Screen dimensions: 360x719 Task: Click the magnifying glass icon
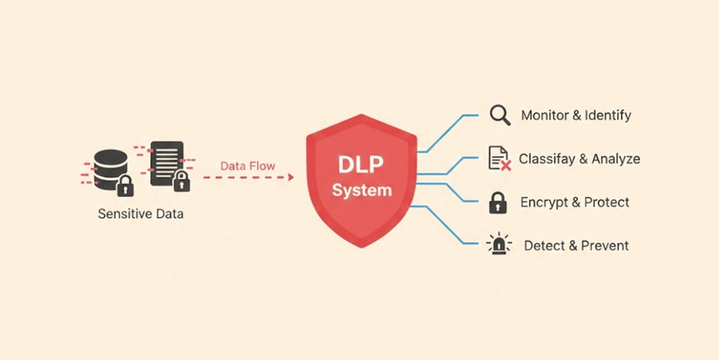point(500,115)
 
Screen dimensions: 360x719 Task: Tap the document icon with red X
point(499,159)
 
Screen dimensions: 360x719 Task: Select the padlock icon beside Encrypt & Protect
point(498,203)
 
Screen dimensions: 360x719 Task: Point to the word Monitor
point(544,115)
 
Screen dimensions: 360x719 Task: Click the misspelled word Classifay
point(546,159)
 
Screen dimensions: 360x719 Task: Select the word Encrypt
point(543,203)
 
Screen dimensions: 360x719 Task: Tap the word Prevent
point(605,246)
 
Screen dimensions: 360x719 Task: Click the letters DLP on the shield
point(362,166)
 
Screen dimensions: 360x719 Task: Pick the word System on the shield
point(362,191)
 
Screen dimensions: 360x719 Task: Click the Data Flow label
point(248,166)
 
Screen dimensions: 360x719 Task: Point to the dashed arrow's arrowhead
point(290,178)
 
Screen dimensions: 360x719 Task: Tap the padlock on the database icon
point(125,187)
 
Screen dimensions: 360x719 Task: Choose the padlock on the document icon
point(181,181)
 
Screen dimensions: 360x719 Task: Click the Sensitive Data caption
point(140,213)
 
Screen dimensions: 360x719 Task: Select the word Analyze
point(616,159)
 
